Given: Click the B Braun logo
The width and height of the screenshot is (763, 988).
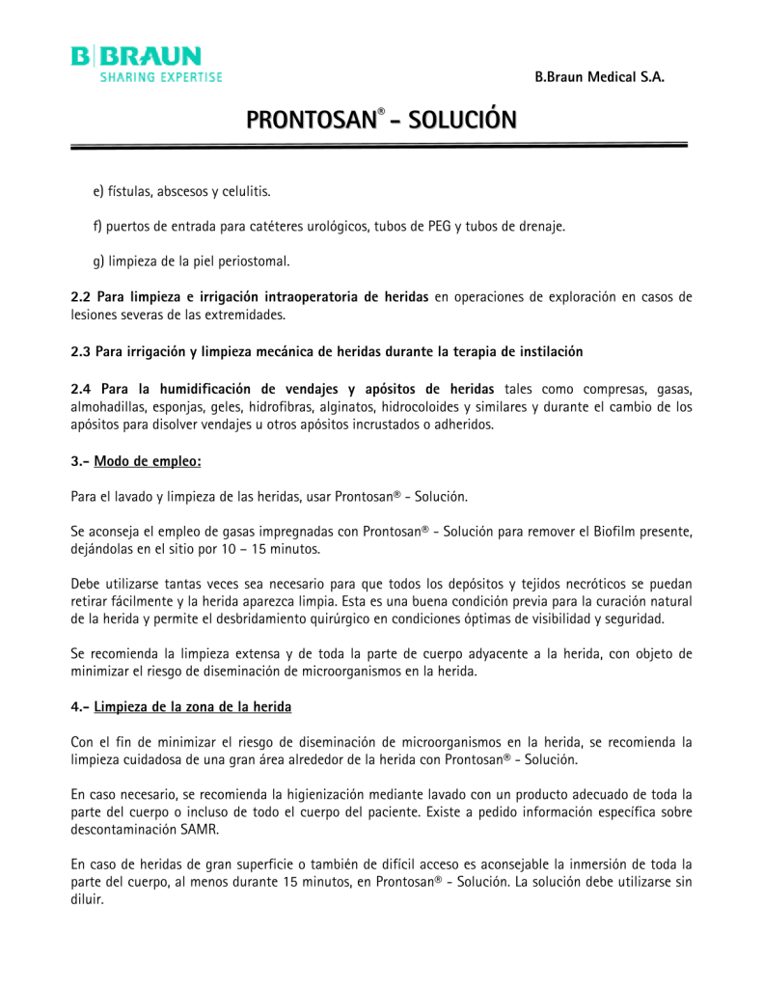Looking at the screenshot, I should point(146,64).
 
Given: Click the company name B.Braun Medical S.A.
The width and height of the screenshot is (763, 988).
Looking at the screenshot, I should point(599,77).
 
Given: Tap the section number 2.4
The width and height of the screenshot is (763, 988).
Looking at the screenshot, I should point(83,388).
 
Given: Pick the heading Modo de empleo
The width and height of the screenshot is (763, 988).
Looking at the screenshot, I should point(148,461).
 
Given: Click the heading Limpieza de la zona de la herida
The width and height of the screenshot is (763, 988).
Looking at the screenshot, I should point(192,707).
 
